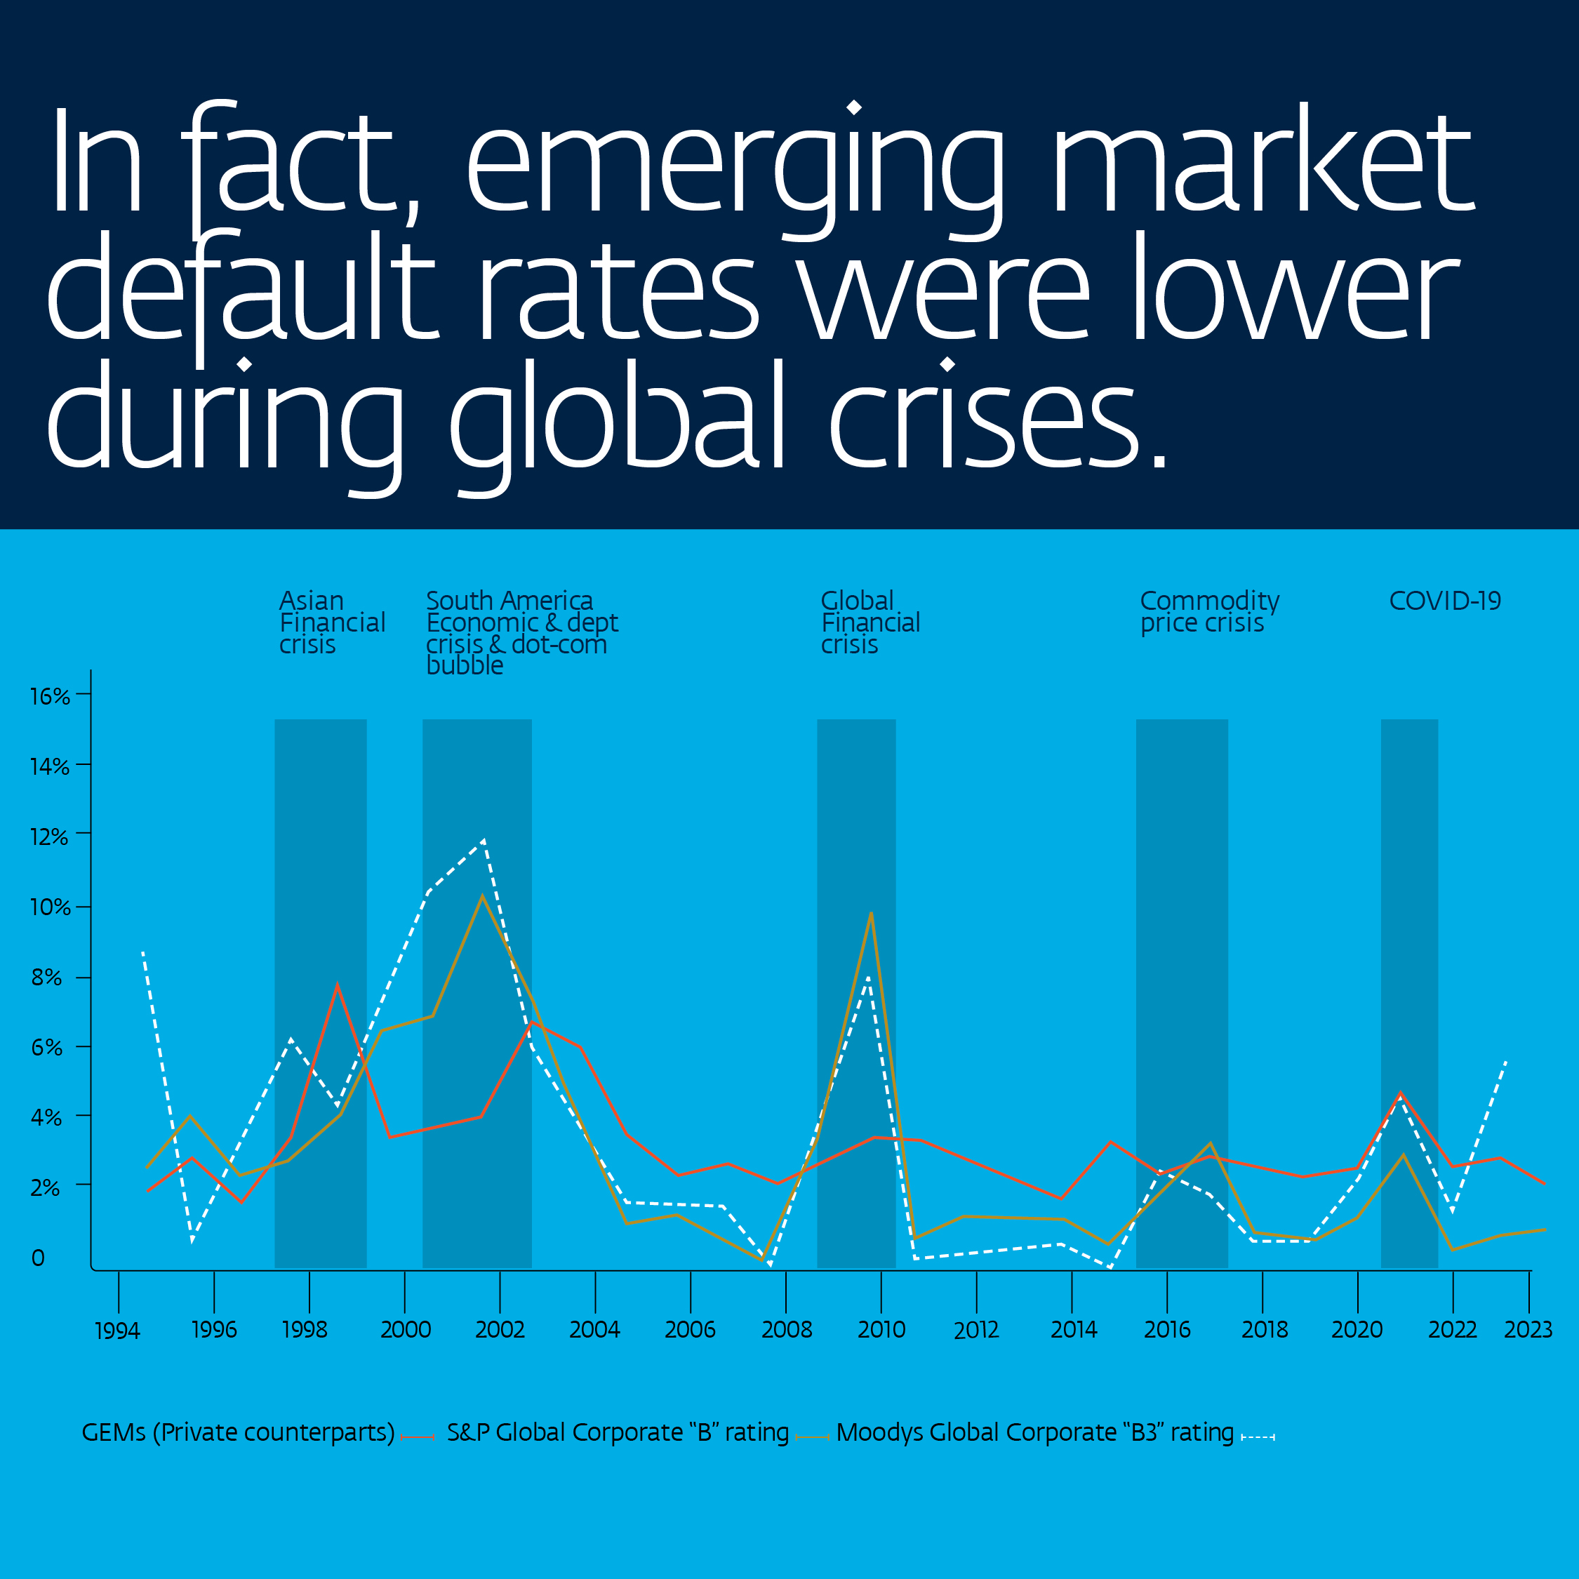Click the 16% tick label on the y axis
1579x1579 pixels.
49,696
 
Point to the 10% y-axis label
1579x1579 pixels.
49,907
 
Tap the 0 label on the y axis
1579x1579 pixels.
38,1258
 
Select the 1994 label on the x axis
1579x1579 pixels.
118,1331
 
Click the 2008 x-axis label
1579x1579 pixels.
786,1330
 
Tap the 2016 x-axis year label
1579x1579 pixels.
1167,1330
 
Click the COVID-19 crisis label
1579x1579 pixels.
1445,601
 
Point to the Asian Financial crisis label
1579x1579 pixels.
332,622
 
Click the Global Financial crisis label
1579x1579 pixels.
870,622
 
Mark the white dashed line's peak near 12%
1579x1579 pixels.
484,841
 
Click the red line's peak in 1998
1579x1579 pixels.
337,985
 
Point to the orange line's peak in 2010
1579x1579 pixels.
871,913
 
